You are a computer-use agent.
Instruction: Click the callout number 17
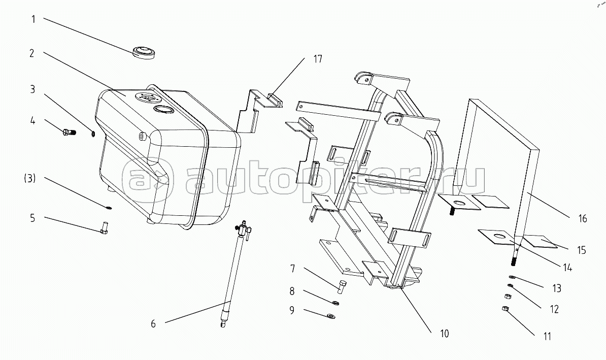317,59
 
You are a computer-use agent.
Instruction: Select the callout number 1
33,20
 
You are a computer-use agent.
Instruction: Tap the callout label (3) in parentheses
30,179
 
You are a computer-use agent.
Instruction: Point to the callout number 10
445,334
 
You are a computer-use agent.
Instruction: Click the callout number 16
582,219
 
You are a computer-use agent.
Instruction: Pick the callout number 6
153,323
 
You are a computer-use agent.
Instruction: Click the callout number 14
567,268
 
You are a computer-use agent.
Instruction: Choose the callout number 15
581,250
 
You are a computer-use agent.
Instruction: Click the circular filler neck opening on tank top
163,110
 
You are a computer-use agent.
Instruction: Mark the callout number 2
31,53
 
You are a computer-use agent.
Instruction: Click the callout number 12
554,309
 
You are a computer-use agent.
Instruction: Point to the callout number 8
292,291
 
